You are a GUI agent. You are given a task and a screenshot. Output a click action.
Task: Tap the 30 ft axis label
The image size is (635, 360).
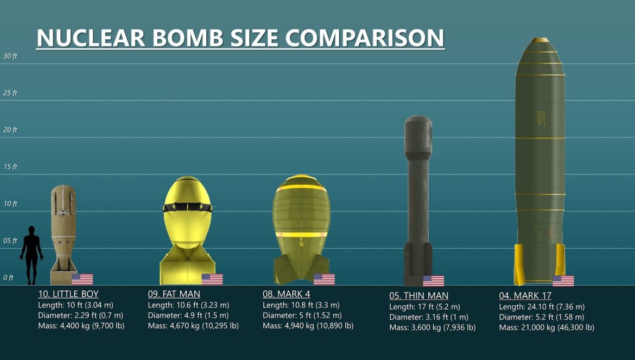(10, 56)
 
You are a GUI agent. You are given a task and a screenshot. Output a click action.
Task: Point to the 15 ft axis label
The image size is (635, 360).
(10, 167)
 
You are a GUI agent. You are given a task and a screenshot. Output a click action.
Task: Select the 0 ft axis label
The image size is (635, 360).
(8, 277)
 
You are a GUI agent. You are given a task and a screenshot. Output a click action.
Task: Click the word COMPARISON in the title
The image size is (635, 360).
(364, 38)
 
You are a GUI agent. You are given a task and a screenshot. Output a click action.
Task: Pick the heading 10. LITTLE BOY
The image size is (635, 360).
(68, 294)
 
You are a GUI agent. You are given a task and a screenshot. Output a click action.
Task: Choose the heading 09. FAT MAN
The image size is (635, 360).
(174, 294)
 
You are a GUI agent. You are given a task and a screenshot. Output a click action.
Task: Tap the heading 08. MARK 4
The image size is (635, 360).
(287, 294)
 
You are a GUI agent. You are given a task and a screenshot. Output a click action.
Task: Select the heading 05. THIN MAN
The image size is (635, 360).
(418, 296)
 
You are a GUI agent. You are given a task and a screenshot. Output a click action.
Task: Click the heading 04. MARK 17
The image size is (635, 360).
(525, 296)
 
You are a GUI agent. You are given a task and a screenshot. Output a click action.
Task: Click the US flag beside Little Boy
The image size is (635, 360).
(82, 279)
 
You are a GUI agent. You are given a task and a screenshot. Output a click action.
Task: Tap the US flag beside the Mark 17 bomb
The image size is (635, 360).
(563, 281)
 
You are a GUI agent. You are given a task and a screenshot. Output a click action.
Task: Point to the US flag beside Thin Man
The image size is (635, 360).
(433, 281)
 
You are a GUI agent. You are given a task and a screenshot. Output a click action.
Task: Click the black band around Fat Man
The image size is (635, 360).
(187, 207)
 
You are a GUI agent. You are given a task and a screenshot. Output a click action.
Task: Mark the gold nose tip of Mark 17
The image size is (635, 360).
(539, 40)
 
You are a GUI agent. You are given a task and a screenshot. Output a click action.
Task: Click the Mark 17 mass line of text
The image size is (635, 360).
(546, 327)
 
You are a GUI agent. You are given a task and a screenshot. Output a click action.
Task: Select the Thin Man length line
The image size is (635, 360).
(424, 307)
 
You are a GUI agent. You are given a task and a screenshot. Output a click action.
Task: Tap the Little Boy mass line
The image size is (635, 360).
(81, 326)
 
